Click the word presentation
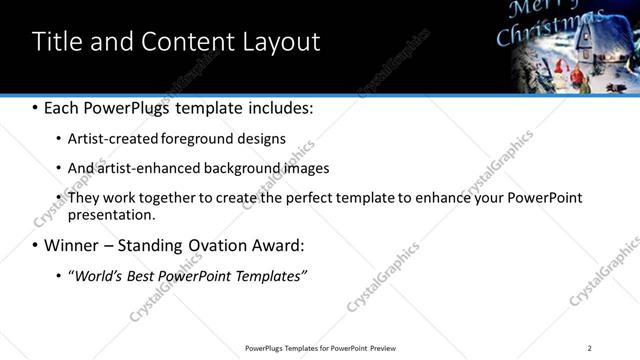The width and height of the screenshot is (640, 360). pos(111,215)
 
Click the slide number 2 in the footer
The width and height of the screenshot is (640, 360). pos(590,348)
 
